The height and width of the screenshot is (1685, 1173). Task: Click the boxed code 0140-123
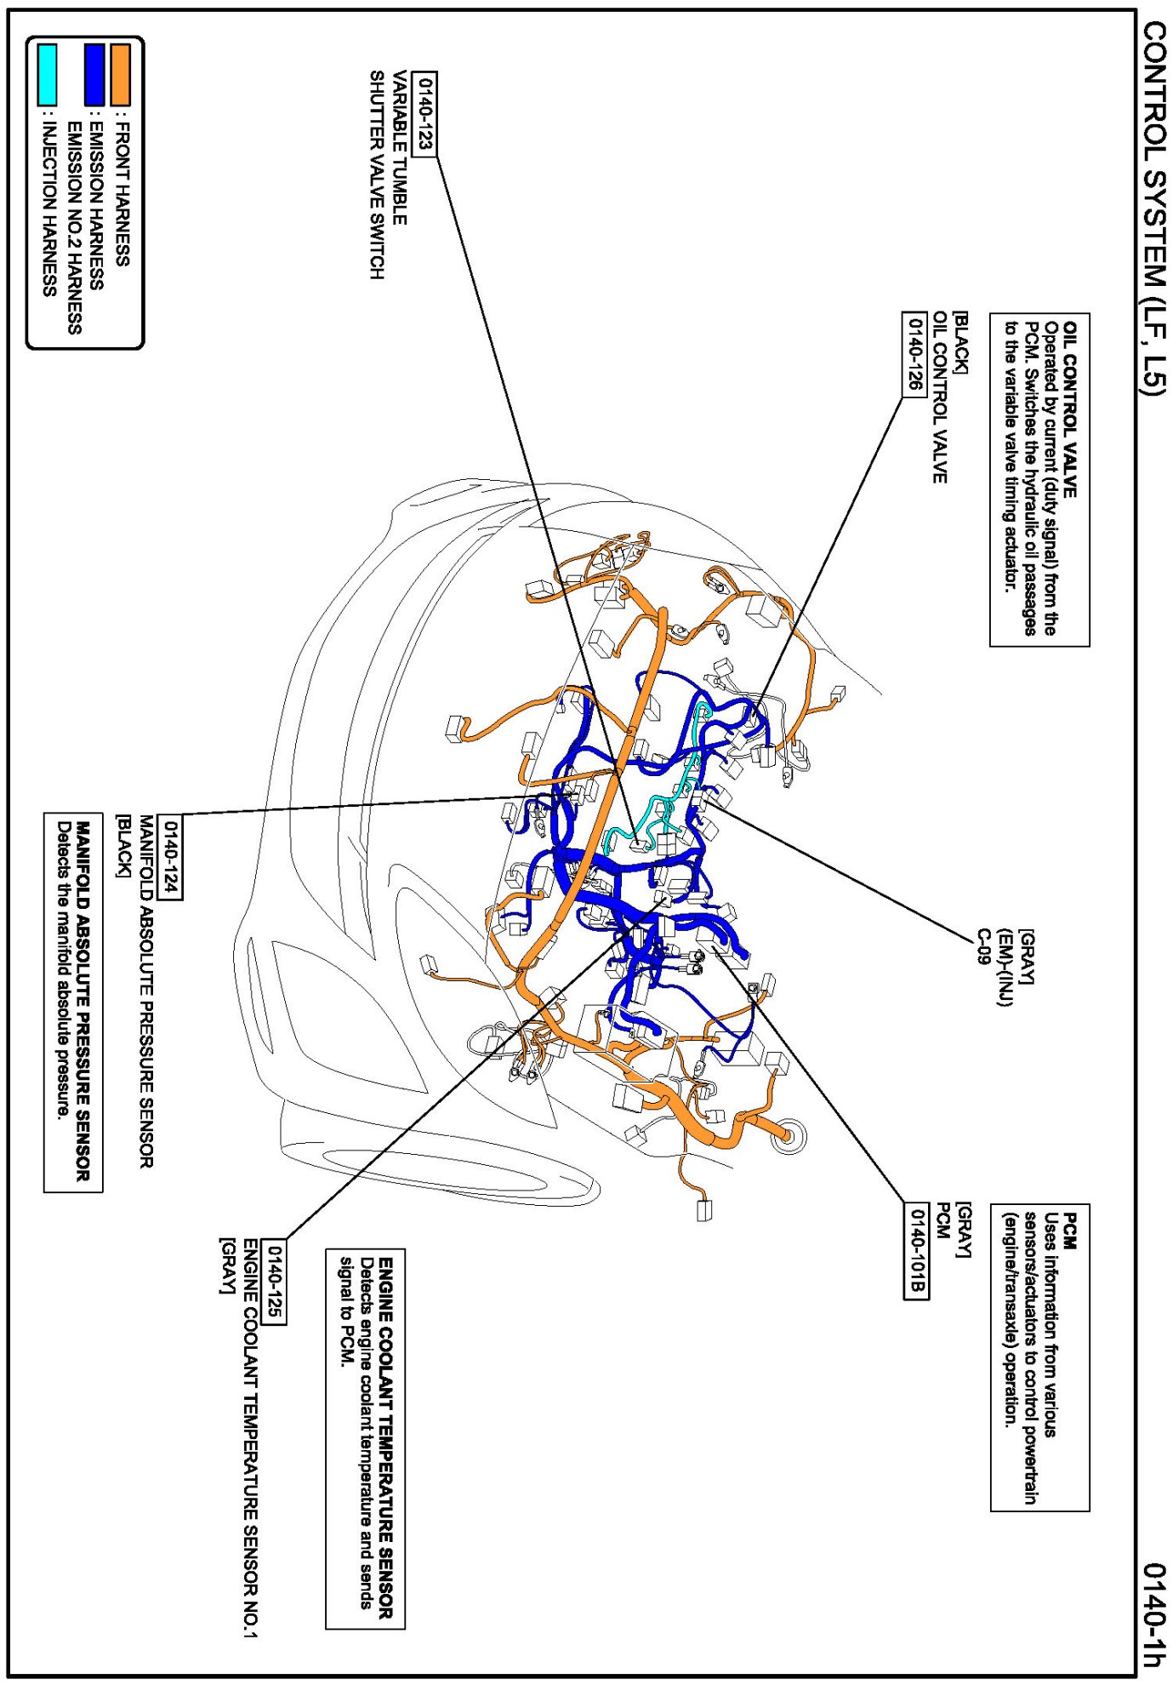(x=424, y=114)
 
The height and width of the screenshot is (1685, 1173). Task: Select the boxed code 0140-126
(x=914, y=354)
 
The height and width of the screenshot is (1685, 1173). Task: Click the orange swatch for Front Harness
(x=121, y=75)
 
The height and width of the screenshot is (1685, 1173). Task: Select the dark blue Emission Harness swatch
(x=94, y=75)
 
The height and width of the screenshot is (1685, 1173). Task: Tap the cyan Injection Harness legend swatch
(x=48, y=75)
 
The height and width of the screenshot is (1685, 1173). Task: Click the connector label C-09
(x=984, y=946)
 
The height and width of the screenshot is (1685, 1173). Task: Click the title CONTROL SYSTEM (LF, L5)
(x=1153, y=208)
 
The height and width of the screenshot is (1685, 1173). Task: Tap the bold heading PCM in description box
(x=1070, y=1231)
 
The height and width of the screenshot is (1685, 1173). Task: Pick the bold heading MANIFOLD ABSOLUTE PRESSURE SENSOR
(x=83, y=1001)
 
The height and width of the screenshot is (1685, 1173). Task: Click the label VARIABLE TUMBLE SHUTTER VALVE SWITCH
(x=387, y=174)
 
